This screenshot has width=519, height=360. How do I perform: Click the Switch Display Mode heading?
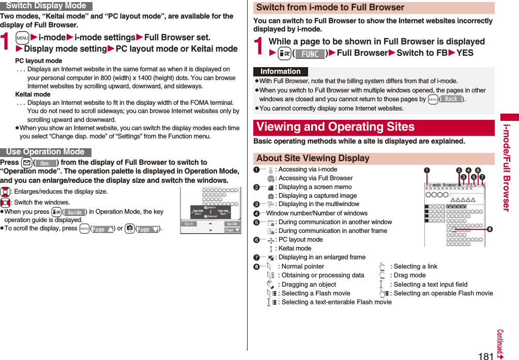pos(46,6)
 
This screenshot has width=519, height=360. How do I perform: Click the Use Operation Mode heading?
pos(45,152)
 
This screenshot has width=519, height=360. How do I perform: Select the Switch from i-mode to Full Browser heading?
pos(330,7)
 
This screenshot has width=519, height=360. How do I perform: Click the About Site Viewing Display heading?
pos(313,158)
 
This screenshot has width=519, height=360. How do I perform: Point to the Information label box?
pos(280,72)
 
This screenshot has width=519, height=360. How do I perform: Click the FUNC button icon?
pos(310,54)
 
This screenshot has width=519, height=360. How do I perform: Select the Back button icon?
pos(451,99)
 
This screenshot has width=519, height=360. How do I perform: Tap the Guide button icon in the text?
pos(74,212)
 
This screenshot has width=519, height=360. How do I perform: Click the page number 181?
pos(485,356)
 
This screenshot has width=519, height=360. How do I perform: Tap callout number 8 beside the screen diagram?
pos(489,230)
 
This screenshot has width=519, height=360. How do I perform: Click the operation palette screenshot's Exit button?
pos(189,224)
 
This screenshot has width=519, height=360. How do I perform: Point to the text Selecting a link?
pos(414,267)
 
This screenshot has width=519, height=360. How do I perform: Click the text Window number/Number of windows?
pos(316,213)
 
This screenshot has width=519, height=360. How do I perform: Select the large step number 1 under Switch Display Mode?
pos(7,42)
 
